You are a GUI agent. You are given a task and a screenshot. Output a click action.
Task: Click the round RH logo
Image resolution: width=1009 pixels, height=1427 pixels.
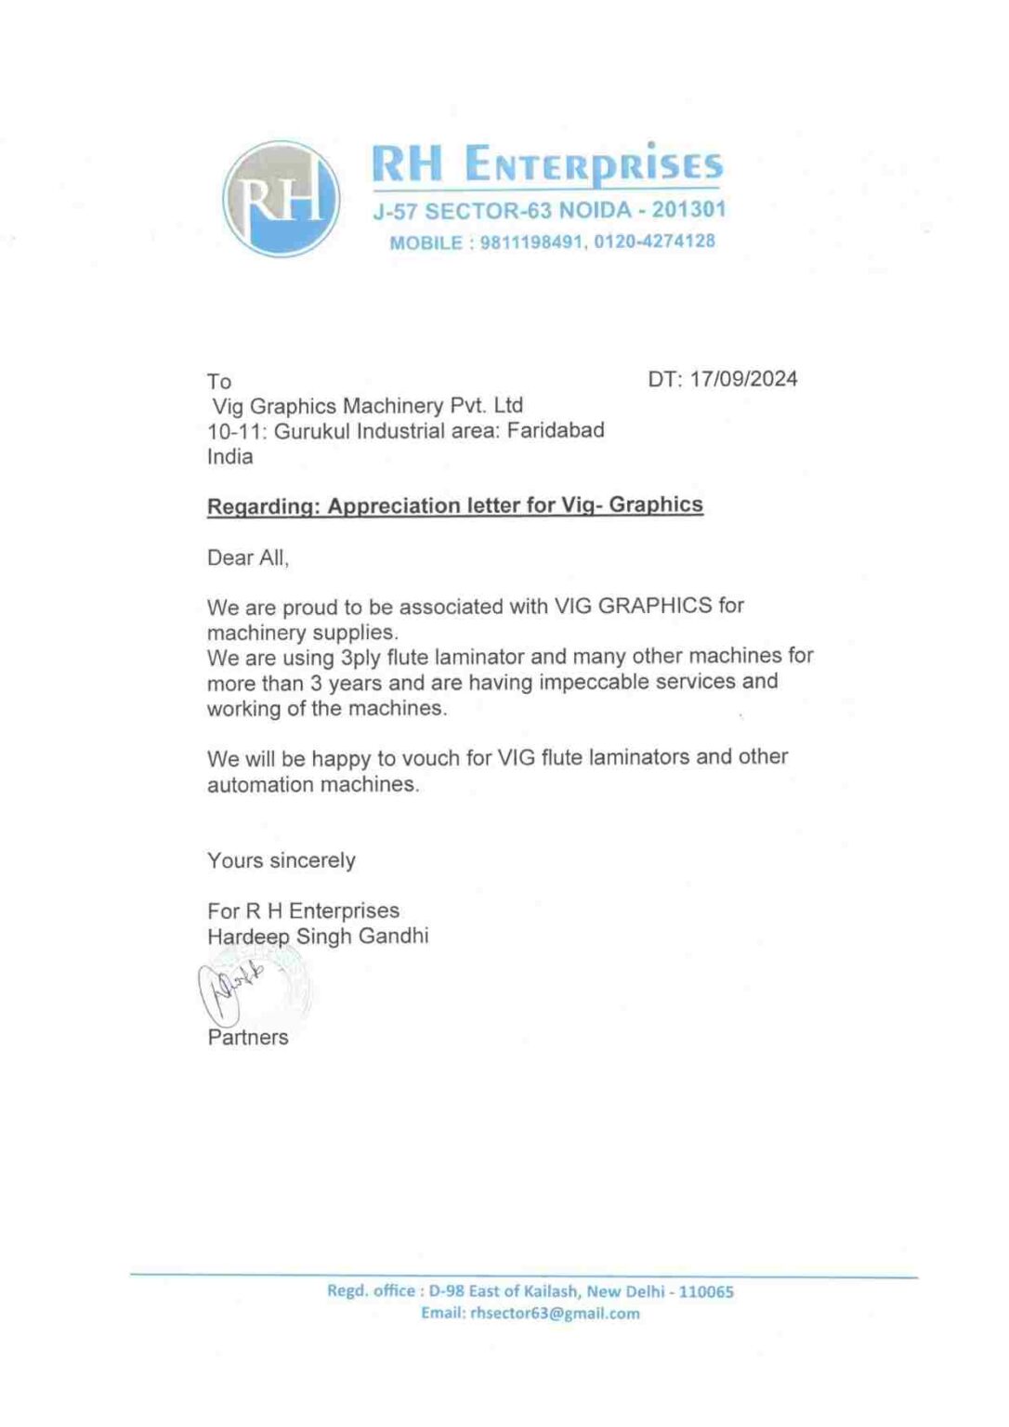(282, 199)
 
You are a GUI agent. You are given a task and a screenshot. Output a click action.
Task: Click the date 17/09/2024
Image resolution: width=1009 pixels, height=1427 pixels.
(743, 379)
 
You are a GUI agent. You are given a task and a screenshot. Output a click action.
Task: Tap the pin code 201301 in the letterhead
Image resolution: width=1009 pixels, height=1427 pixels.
(688, 210)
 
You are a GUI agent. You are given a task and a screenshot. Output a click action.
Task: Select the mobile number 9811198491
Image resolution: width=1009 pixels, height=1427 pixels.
(532, 242)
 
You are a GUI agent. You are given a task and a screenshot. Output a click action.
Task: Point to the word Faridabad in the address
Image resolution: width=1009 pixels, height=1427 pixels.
(556, 430)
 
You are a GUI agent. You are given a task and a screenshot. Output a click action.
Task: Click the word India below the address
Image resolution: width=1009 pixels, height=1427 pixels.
(229, 456)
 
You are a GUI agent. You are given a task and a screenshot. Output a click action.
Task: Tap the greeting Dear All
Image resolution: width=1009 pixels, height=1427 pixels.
(247, 557)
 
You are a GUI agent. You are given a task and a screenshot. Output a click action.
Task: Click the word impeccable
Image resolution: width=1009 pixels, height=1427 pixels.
(587, 682)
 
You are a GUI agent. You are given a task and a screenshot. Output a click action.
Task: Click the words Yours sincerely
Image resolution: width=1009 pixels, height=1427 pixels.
(281, 860)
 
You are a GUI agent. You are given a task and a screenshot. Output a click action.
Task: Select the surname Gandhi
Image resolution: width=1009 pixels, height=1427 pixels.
(394, 936)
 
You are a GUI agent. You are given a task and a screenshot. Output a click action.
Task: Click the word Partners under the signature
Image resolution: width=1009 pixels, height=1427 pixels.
(248, 1037)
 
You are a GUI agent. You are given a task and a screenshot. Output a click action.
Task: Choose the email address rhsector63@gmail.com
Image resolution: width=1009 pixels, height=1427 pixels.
(555, 1313)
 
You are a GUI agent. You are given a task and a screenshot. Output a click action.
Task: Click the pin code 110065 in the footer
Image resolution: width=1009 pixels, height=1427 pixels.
(706, 1291)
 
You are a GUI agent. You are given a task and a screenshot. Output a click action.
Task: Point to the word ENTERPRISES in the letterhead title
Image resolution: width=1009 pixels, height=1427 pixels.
(593, 165)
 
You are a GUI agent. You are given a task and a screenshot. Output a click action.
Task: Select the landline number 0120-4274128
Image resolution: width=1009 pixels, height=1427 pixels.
(655, 242)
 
